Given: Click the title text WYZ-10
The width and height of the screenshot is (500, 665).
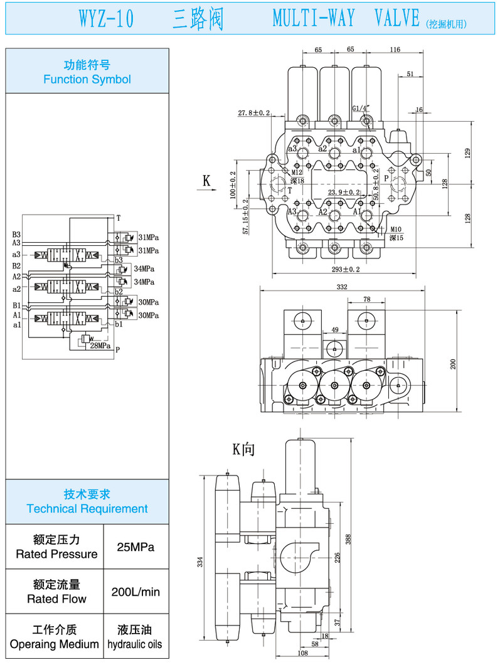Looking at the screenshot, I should tap(106, 19).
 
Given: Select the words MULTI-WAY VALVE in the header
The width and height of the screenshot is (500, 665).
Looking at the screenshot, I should tap(346, 19).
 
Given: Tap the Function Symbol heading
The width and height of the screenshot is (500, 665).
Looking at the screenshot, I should tap(87, 79).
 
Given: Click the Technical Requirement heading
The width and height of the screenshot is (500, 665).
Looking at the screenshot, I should tap(87, 508).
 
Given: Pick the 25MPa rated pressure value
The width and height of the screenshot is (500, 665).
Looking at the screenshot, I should tap(136, 546).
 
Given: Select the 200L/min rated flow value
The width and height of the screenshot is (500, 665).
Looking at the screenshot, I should tap(136, 592).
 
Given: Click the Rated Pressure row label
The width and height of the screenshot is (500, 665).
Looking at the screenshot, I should tap(56, 554).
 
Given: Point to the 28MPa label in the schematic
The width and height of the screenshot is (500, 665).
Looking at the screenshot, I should tap(100, 346).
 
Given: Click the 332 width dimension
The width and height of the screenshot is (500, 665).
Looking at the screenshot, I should tap(342, 286).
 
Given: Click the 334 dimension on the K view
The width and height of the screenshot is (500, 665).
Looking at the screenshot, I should tap(200, 561).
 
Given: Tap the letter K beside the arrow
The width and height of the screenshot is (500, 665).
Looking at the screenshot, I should tap(206, 181).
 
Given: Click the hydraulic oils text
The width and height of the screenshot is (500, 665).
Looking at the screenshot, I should tap(134, 644).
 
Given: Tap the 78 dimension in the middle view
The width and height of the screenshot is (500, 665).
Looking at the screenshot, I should tap(367, 299).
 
